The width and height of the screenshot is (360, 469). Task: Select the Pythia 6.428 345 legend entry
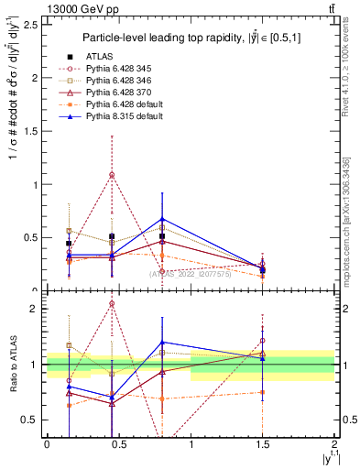[116, 70]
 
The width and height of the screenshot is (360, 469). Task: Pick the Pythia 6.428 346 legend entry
[116, 82]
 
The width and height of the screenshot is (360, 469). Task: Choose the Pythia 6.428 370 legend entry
[116, 93]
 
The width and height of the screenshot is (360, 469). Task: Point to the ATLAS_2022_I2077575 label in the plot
[190, 274]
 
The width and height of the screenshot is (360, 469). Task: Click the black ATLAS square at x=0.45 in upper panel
[112, 236]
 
